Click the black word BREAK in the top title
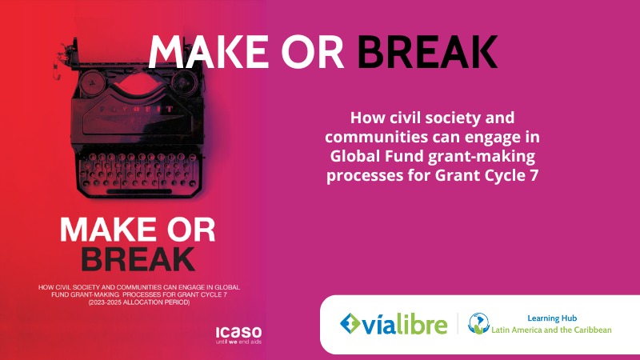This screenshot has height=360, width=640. pyautogui.click(x=427, y=51)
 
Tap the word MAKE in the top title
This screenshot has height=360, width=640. pyautogui.click(x=208, y=51)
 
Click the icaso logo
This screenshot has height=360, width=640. pyautogui.click(x=238, y=334)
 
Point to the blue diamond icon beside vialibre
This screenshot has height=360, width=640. pyautogui.click(x=350, y=324)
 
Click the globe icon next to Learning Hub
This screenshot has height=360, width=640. pyautogui.click(x=478, y=324)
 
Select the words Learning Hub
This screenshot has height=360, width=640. pyautogui.click(x=552, y=318)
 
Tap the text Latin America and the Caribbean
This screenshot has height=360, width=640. pyautogui.click(x=551, y=330)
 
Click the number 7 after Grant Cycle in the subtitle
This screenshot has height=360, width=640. pyautogui.click(x=534, y=175)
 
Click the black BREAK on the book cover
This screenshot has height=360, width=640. pyautogui.click(x=138, y=259)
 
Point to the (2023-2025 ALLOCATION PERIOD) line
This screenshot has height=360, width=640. pyautogui.click(x=139, y=302)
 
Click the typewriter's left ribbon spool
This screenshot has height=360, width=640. pyautogui.click(x=93, y=82)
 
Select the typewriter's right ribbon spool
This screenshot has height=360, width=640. pyautogui.click(x=183, y=82)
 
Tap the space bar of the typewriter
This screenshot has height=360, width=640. pyautogui.click(x=139, y=191)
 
